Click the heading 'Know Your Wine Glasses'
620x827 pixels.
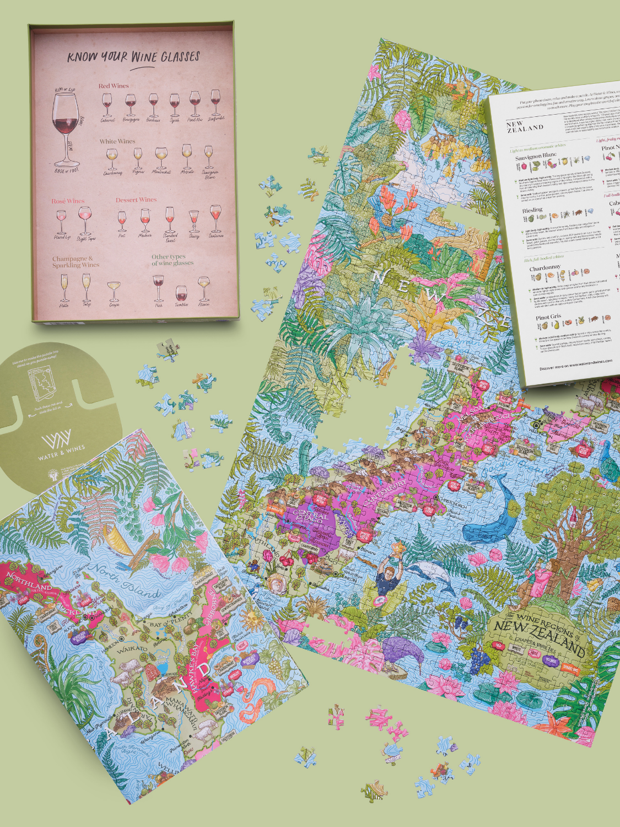(x=133, y=57)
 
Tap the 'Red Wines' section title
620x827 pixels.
(x=114, y=86)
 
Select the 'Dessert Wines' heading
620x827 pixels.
(x=136, y=200)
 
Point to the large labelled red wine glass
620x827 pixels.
(x=66, y=127)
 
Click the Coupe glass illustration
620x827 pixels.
(x=114, y=289)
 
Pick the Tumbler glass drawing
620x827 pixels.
(x=181, y=293)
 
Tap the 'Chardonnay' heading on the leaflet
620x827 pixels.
(x=544, y=267)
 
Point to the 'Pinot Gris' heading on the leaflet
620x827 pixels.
(x=548, y=317)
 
